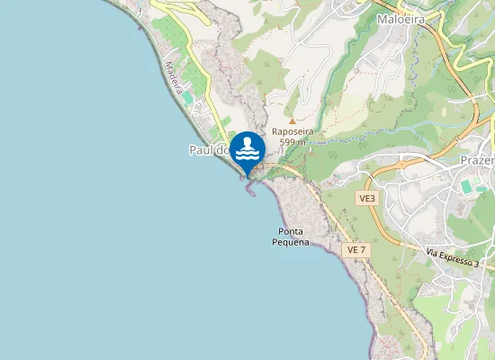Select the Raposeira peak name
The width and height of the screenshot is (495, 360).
coord(292,130)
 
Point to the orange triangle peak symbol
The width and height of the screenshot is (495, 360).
coord(292,119)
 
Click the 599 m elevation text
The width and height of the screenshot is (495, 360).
coord(292,142)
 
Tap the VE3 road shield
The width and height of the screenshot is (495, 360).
coord(366,198)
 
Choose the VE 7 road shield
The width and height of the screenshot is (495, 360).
coord(356,249)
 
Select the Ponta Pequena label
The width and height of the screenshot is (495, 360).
coord(291,238)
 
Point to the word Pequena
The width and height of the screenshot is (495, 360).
coord(291,243)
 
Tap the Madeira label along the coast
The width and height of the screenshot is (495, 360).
coord(175,76)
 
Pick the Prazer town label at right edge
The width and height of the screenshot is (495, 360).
coord(477,159)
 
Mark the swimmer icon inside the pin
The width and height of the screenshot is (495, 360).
coord(247,147)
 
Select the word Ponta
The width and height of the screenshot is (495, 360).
coord(291,232)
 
